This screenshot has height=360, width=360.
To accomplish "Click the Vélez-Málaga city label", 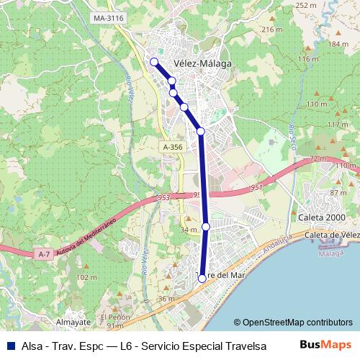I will click(202, 63).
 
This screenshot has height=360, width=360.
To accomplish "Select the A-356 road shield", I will click(171, 146).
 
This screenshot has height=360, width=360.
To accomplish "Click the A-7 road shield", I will click(43, 253).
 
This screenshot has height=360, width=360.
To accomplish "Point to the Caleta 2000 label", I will click(322, 217).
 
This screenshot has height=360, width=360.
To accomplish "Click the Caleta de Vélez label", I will click(331, 235).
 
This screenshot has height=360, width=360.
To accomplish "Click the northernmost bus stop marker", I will click(153, 62).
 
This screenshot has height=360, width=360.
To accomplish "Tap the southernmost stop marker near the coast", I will click(202, 277).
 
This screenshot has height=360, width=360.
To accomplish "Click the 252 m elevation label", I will click(306, 5).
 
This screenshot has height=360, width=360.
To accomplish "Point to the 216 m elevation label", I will click(271, 30).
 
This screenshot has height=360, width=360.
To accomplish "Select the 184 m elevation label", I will click(338, 44).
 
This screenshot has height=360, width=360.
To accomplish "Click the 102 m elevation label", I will click(86, 277).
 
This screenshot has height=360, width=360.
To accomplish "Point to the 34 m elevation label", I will click(189, 230).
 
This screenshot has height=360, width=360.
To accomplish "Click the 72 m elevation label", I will click(318, 158).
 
